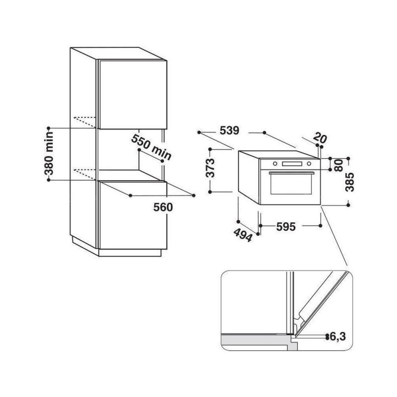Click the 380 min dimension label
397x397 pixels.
49,154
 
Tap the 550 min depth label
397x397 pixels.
151,147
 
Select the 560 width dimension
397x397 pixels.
163,207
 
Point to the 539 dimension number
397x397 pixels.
229,131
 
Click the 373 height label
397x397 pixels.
210,168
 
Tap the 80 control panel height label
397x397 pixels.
339,165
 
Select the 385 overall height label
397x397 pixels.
350,182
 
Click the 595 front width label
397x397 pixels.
286,227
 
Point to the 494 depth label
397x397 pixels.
243,235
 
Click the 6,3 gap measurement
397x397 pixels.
338,336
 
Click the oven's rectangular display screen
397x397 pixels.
292,164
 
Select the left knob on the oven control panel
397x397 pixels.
275,164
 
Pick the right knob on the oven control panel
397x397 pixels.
309,164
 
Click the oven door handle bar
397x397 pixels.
292,173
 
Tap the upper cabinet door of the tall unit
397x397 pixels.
132,94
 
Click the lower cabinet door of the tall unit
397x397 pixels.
133,215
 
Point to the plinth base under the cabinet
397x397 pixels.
130,253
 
